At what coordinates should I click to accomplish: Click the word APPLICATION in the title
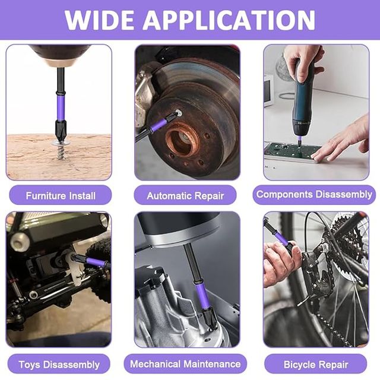click(x=229, y=20)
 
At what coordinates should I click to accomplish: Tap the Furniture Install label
click(x=60, y=195)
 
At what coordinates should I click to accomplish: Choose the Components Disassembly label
click(x=314, y=194)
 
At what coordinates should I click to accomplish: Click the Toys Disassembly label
click(x=59, y=364)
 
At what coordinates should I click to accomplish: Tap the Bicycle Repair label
click(x=315, y=364)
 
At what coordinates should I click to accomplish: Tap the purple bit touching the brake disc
click(x=158, y=125)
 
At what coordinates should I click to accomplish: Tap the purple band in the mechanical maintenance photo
click(x=202, y=295)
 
